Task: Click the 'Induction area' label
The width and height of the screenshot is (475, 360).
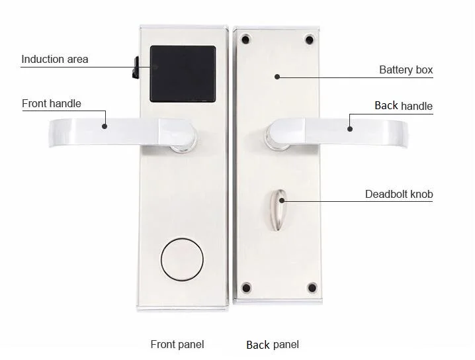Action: point(55,60)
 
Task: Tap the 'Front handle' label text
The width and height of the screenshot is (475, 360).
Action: point(52,103)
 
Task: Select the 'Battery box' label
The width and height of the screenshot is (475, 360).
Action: point(406,69)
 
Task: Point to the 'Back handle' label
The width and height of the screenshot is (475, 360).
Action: point(403,106)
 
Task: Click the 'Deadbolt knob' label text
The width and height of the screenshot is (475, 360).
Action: point(399,194)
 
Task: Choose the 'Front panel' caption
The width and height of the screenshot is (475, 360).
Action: point(177,344)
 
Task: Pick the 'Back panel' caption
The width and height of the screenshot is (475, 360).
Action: point(273,344)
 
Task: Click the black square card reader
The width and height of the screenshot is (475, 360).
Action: point(183,73)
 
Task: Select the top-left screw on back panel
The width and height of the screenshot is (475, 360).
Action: point(246,39)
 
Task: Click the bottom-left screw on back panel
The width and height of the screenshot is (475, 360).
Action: point(246,288)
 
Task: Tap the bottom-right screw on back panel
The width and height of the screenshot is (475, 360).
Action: point(312,288)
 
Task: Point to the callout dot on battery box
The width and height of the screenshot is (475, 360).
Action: point(278,77)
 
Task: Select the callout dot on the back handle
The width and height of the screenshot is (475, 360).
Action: point(351,129)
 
